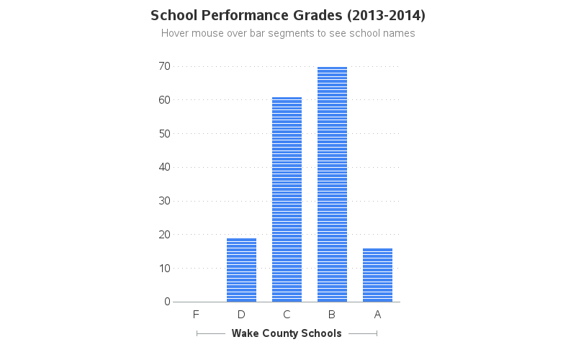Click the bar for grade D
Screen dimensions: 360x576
241,270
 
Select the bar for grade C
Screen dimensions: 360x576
287,199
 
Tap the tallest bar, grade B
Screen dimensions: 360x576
332,184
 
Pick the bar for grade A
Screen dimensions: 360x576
377,275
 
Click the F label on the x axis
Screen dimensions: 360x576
196,315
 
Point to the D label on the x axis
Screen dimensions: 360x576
241,315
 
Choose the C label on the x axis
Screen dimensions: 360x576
287,315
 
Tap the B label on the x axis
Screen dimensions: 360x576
332,315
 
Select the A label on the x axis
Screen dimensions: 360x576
377,315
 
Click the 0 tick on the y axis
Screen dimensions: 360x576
166,302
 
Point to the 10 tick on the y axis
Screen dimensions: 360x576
164,268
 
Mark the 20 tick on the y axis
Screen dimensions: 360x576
164,235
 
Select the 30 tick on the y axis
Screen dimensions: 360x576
164,201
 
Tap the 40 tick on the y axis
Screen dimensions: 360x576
164,167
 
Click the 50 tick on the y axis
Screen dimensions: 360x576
164,133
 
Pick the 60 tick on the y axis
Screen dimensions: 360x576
164,99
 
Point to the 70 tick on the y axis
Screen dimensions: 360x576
164,66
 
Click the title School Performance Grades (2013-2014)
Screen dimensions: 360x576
288,15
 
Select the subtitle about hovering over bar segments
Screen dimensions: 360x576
288,33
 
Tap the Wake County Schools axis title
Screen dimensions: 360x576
287,333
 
